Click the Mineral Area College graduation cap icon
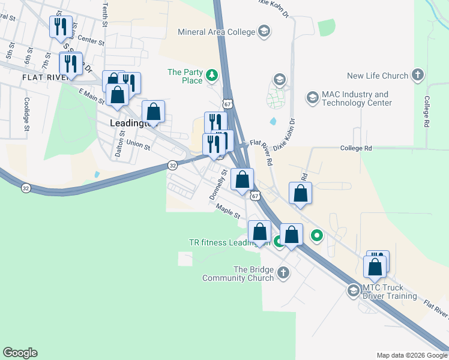264,31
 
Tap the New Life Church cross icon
418,76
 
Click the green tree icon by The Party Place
211,75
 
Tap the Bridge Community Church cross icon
283,274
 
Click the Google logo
20,353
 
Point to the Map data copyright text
411,355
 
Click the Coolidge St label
26,114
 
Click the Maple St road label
229,211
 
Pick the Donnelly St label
218,184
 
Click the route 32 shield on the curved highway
25,188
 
